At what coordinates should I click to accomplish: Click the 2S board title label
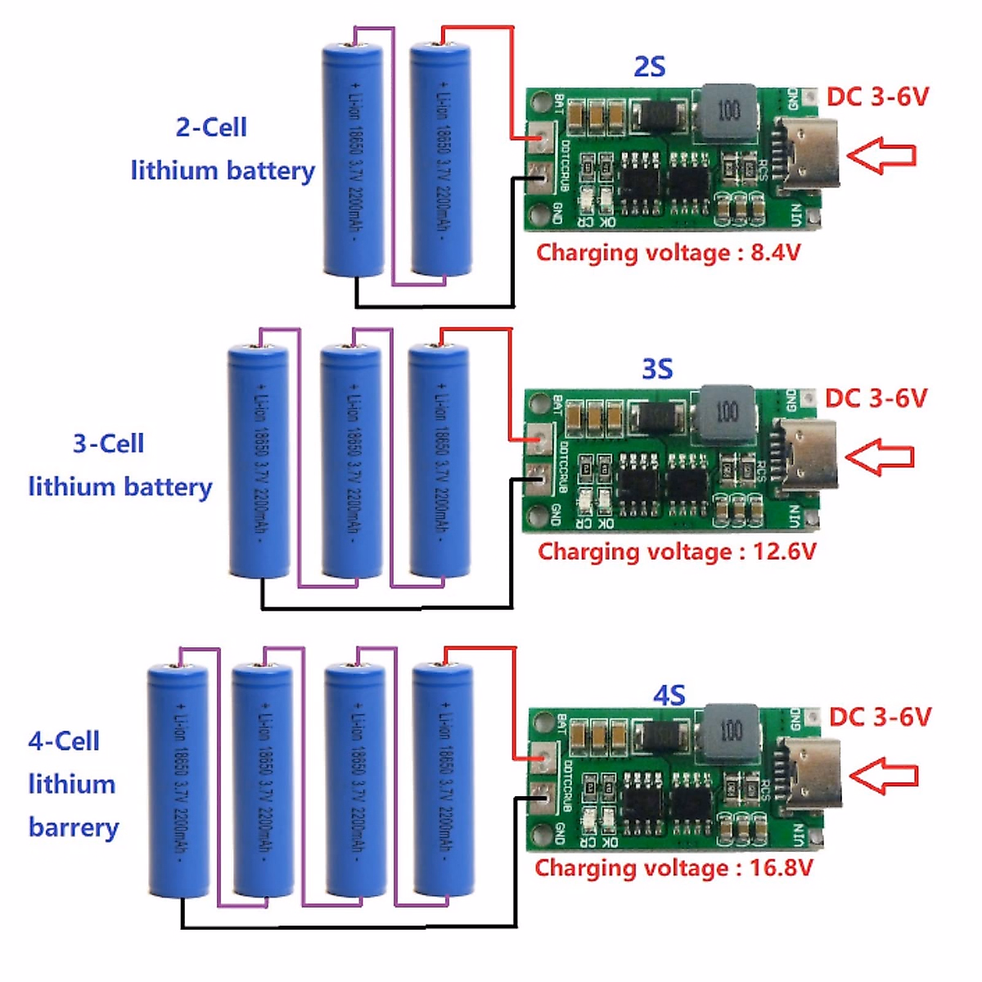pyautogui.click(x=650, y=66)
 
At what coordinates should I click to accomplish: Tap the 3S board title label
pyautogui.click(x=657, y=369)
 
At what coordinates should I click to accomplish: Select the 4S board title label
pyautogui.click(x=669, y=696)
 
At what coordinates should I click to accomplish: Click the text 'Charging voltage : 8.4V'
pyautogui.click(x=668, y=252)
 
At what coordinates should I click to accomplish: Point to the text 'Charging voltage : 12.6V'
pyautogui.click(x=677, y=552)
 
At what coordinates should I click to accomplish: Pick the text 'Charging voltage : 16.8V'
pyautogui.click(x=673, y=867)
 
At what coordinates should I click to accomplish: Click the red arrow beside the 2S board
pyautogui.click(x=881, y=155)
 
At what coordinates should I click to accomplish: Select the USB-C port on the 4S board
pyautogui.click(x=810, y=773)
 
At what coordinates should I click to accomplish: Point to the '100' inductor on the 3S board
pyautogui.click(x=726, y=412)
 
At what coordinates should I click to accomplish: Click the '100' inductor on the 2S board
pyautogui.click(x=727, y=110)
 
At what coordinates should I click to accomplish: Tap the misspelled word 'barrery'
pyautogui.click(x=74, y=827)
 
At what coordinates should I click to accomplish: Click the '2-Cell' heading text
pyautogui.click(x=211, y=128)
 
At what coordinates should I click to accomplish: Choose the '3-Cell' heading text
pyautogui.click(x=108, y=444)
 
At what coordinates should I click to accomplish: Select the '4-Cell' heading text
pyautogui.click(x=64, y=741)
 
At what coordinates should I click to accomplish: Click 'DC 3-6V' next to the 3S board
pyautogui.click(x=876, y=399)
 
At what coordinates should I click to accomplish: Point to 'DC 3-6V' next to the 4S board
pyautogui.click(x=880, y=717)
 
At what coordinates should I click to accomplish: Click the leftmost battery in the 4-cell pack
pyautogui.click(x=178, y=782)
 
